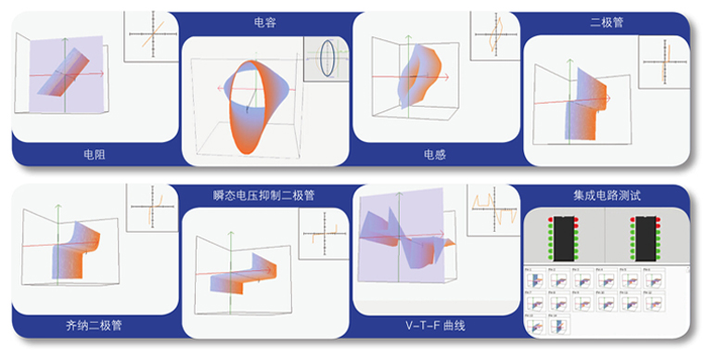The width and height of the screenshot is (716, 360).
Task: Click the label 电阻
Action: click(x=93, y=155)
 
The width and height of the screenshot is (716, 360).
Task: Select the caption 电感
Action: click(x=434, y=155)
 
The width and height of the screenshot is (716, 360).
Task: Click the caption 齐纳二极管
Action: click(x=94, y=327)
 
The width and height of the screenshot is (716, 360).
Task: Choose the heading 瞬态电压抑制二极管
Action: click(x=264, y=196)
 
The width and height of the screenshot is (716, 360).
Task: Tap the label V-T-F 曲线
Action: click(x=434, y=327)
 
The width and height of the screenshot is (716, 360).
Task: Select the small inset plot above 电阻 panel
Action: click(x=151, y=37)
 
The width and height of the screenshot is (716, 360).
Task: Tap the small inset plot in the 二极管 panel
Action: click(x=665, y=62)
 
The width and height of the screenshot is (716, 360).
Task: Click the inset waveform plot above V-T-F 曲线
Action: click(x=492, y=208)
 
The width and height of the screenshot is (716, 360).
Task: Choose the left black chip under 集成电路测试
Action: click(x=562, y=237)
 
